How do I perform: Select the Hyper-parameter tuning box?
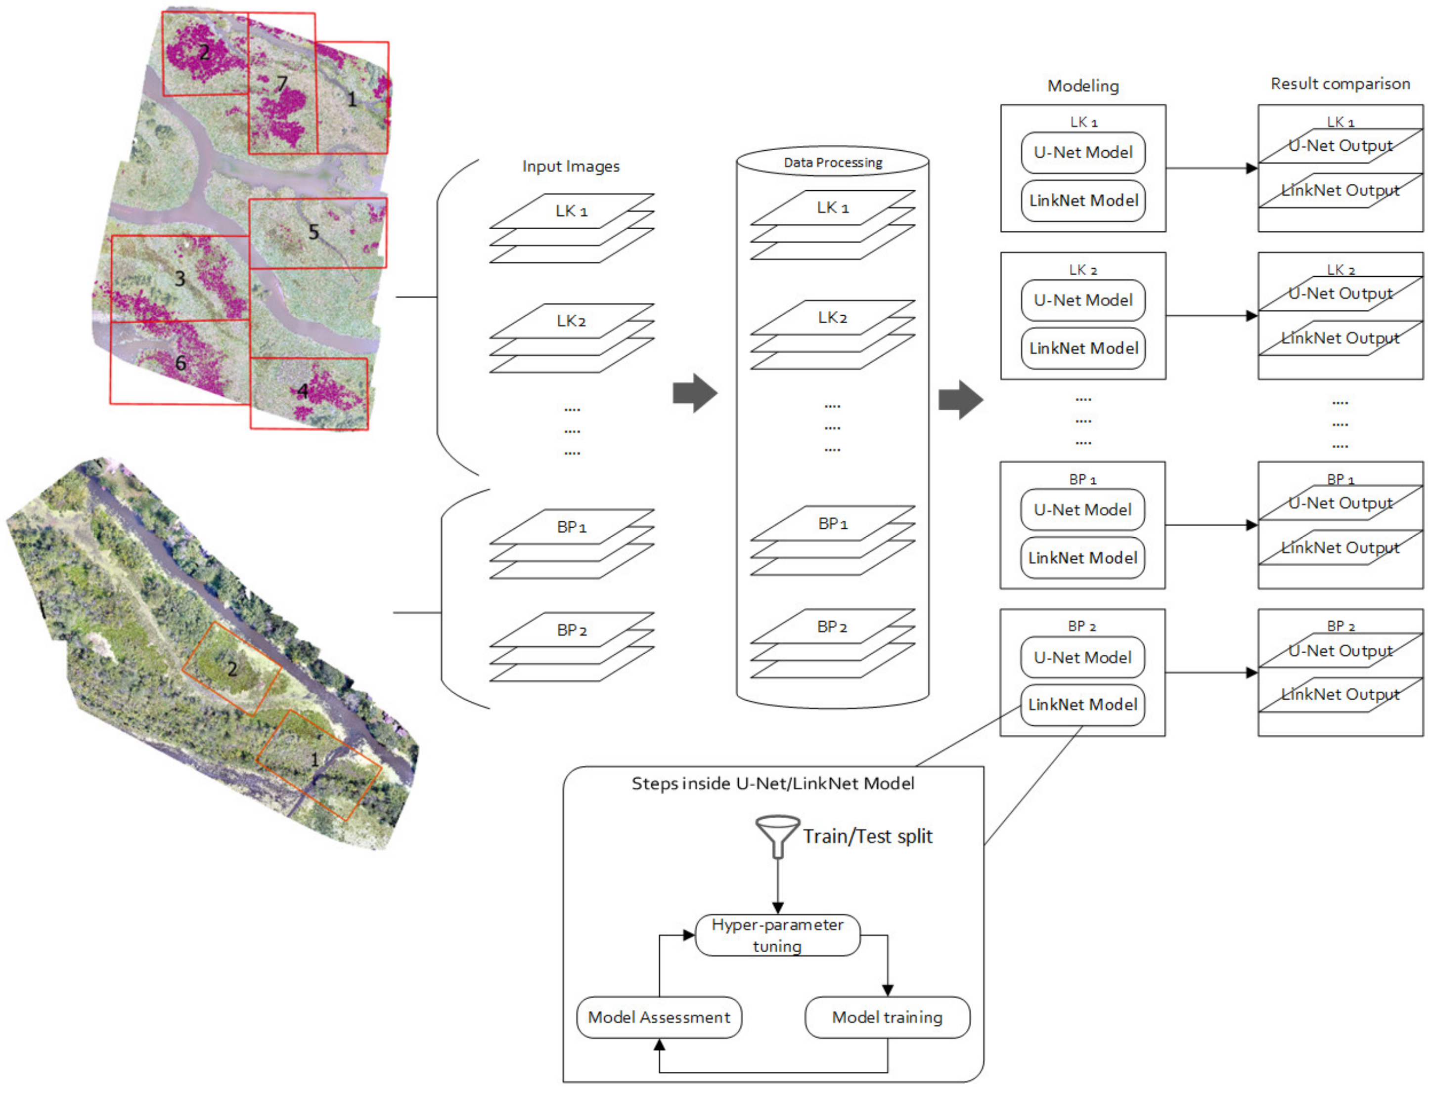click(777, 935)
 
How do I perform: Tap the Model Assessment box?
click(659, 1017)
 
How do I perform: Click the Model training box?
click(887, 1017)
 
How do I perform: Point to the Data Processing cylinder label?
click(833, 162)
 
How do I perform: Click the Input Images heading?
click(570, 166)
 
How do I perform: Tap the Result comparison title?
click(1340, 84)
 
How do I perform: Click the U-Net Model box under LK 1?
click(1082, 152)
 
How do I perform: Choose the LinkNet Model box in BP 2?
click(1082, 704)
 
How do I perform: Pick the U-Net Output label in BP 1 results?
click(1340, 503)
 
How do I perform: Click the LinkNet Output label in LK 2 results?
click(1340, 337)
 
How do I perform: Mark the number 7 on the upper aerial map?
click(282, 84)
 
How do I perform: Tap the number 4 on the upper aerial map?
click(303, 391)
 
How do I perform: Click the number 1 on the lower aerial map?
click(314, 759)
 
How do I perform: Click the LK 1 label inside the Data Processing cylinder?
click(833, 208)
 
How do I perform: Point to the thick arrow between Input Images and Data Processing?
click(695, 393)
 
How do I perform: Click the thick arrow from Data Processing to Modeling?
click(960, 399)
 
